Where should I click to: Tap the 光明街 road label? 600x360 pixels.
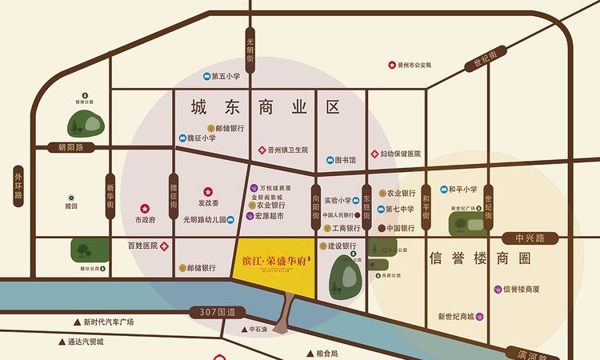pyautogui.click(x=250, y=49)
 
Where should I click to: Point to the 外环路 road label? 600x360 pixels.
pyautogui.click(x=18, y=183)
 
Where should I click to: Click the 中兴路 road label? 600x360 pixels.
pyautogui.click(x=529, y=238)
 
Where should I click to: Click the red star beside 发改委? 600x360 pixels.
pyautogui.click(x=208, y=191)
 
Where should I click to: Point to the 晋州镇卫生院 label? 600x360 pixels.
pyautogui.click(x=288, y=150)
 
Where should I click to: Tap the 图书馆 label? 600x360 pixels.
pyautogui.click(x=345, y=160)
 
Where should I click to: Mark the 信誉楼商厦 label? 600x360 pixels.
pyautogui.click(x=522, y=289)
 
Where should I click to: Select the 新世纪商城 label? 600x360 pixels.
pyautogui.click(x=455, y=316)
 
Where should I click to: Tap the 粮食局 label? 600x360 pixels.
pyautogui.click(x=323, y=354)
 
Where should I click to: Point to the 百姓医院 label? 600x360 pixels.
pyautogui.click(x=142, y=246)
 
